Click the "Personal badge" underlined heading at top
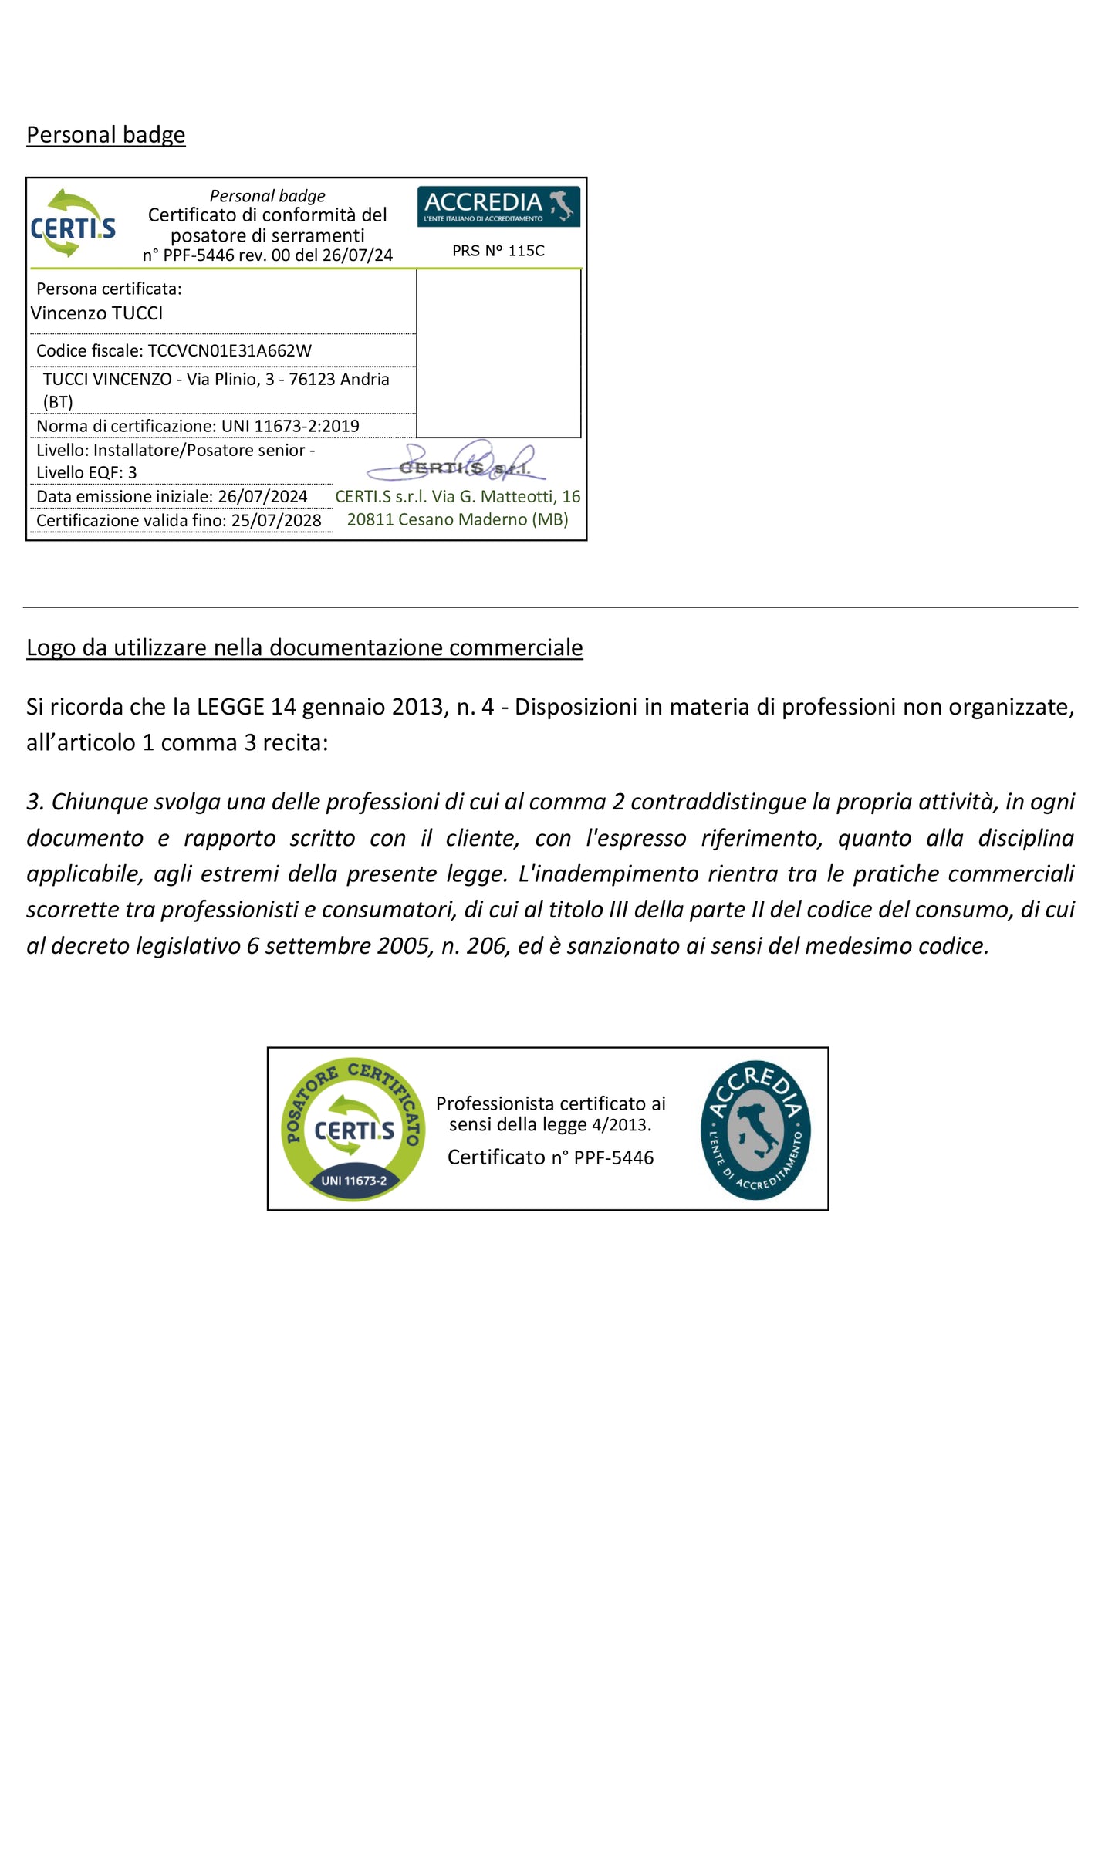tap(106, 135)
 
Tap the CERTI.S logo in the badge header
tap(73, 224)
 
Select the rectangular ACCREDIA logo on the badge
tap(498, 206)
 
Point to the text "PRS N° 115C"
tap(498, 251)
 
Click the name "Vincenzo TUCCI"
tap(96, 313)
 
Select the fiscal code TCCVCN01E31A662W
tap(229, 351)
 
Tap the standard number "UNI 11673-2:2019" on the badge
tap(290, 426)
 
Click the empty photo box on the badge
tap(498, 353)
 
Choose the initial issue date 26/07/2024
tap(262, 497)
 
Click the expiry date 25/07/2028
tap(276, 521)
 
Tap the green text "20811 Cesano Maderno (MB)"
tap(458, 520)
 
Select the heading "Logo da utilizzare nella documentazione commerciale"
tap(304, 648)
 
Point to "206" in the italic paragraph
tap(487, 946)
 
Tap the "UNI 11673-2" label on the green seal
tap(353, 1181)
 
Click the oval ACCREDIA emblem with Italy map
tap(755, 1130)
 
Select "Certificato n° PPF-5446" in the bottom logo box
tap(550, 1157)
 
